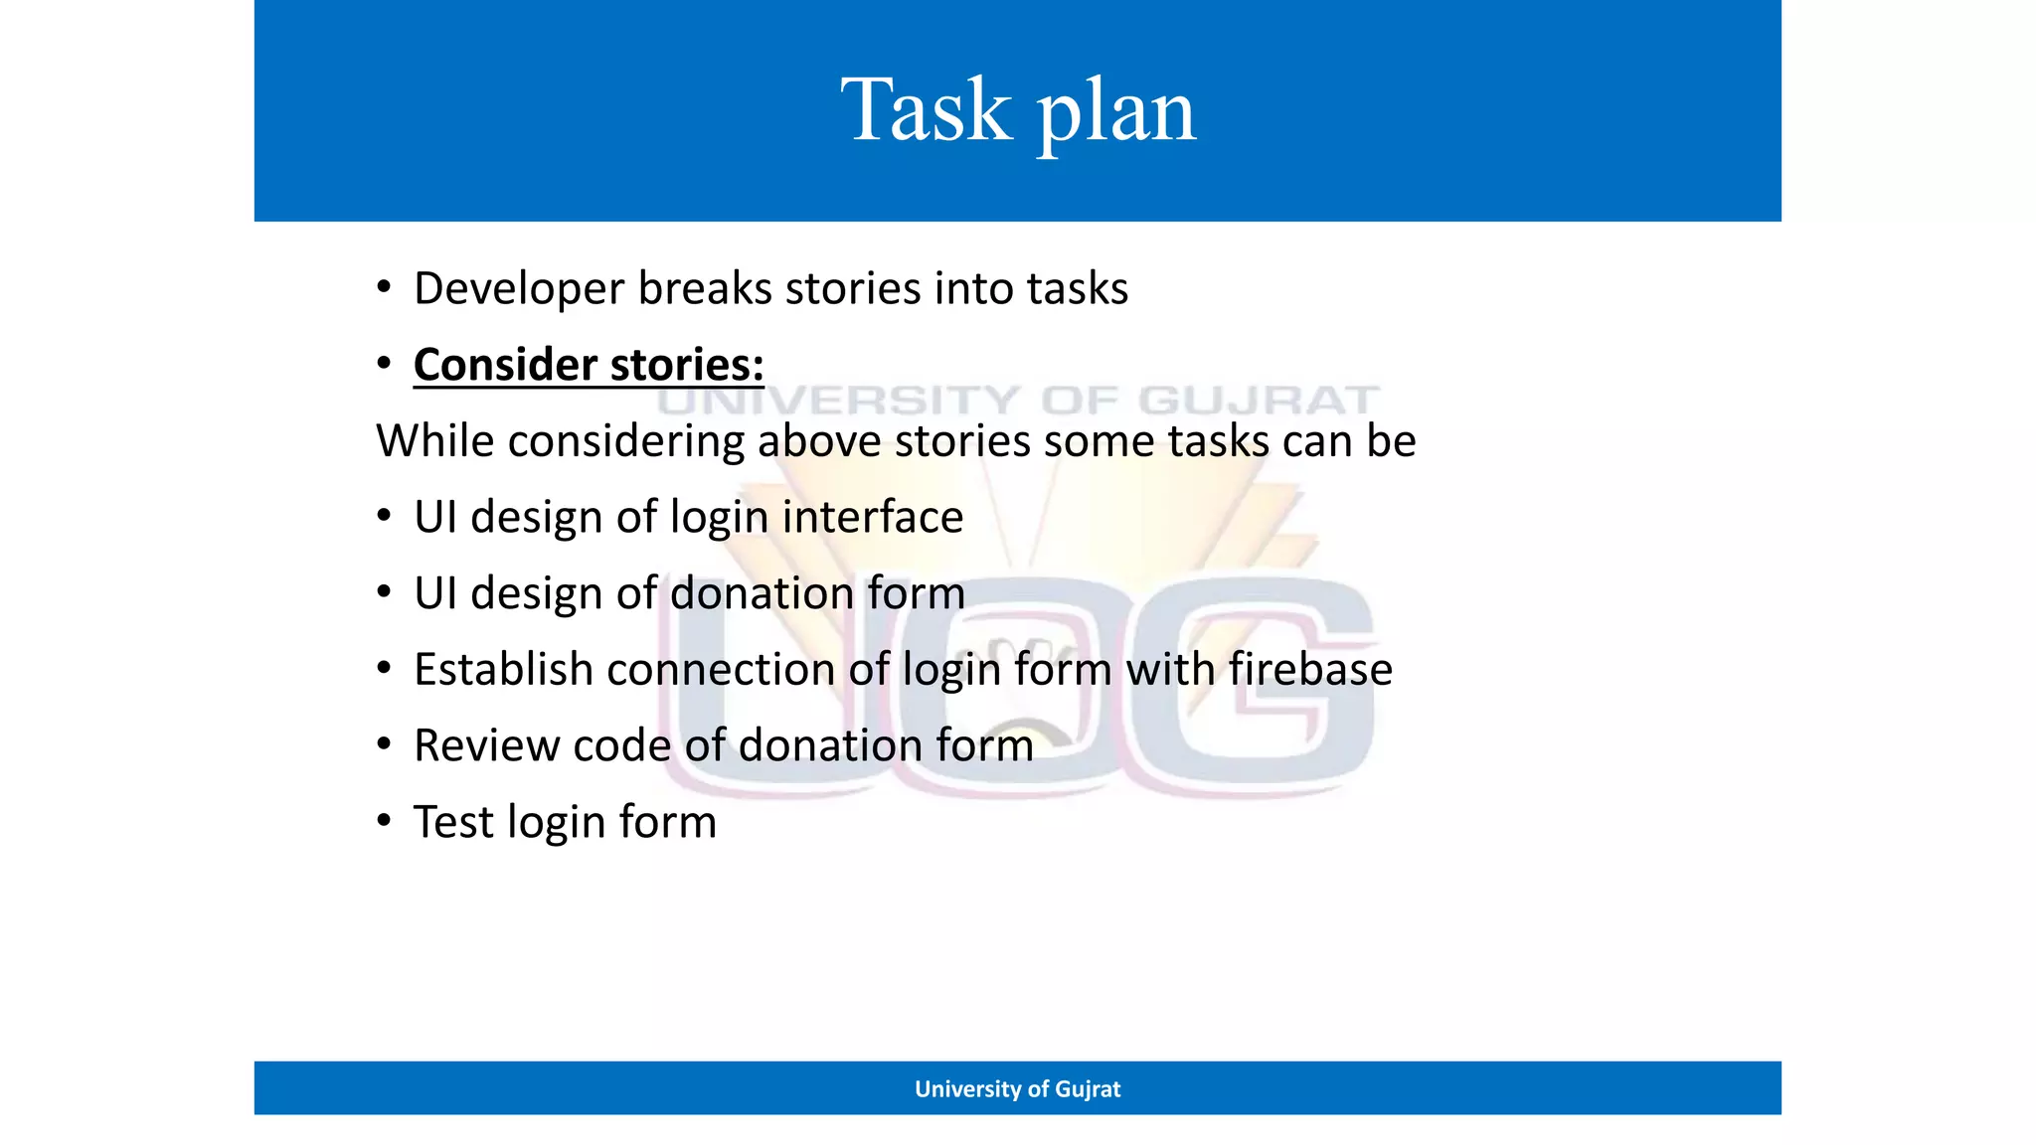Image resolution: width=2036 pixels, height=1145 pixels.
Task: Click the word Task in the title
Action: (x=925, y=110)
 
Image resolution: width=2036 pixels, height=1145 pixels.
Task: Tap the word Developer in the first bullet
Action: (x=518, y=289)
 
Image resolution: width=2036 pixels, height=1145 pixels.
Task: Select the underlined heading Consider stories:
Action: (x=589, y=365)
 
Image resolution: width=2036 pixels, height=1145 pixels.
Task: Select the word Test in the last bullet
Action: (x=453, y=822)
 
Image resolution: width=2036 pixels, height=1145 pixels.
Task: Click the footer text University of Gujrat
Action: (x=1017, y=1088)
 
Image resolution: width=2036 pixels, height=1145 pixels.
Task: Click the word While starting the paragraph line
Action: (x=434, y=441)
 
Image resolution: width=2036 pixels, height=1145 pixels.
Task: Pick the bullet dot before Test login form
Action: (x=384, y=821)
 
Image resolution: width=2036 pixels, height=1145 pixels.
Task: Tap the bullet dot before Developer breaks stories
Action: (x=384, y=287)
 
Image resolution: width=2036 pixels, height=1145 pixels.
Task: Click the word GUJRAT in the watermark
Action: (x=1258, y=401)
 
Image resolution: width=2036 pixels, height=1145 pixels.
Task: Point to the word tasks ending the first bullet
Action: (x=1077, y=289)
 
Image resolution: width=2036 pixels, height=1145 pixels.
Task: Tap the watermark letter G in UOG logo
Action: (x=1258, y=686)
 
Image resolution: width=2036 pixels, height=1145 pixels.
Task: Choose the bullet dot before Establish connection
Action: (x=384, y=668)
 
